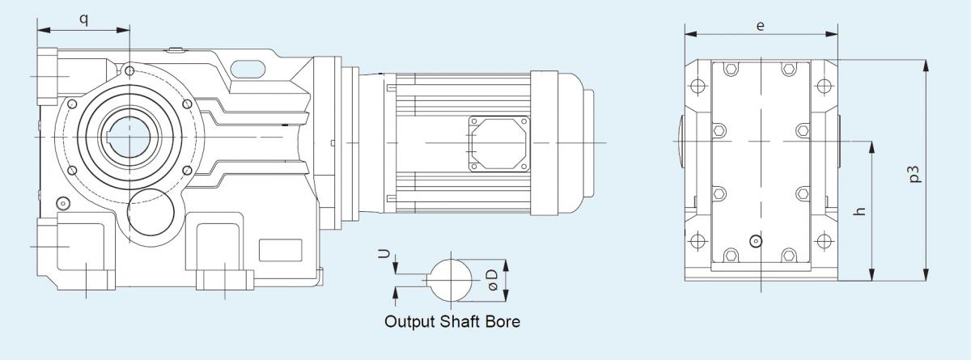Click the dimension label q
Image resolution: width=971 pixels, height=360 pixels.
(83, 17)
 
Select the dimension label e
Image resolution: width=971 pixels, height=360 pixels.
(761, 25)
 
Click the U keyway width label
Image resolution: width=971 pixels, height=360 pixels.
(387, 254)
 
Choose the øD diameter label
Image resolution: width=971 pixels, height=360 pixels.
(494, 279)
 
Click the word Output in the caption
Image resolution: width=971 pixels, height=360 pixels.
(412, 321)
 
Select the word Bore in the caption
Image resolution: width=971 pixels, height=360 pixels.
(502, 321)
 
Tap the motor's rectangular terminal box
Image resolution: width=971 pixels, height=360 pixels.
(497, 143)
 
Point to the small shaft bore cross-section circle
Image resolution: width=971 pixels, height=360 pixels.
(450, 279)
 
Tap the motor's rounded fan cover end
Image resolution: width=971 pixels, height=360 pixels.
(580, 143)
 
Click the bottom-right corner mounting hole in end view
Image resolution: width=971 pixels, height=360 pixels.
(824, 240)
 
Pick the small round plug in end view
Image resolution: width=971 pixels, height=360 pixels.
(756, 240)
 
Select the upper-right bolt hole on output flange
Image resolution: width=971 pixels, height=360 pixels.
(188, 103)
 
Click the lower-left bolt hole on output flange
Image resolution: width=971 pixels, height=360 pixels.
(72, 172)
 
